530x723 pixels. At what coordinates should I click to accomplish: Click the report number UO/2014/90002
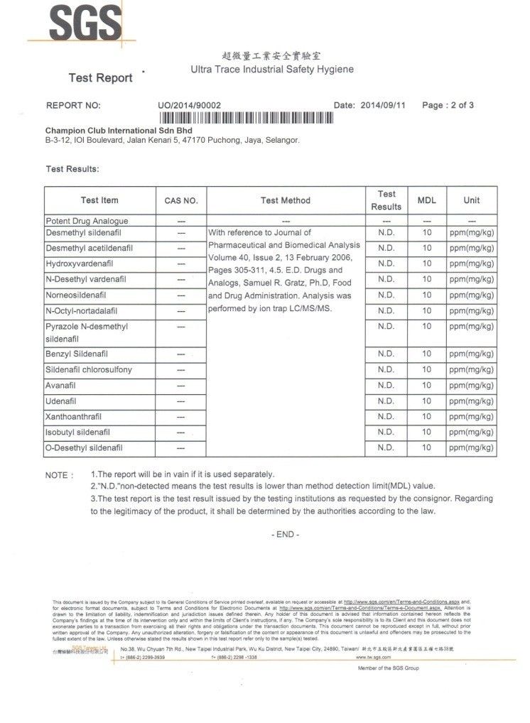click(x=190, y=105)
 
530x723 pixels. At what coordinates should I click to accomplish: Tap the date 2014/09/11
click(x=384, y=105)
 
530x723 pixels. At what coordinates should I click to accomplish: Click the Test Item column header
click(x=99, y=200)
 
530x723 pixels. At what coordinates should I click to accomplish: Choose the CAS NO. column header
click(x=181, y=201)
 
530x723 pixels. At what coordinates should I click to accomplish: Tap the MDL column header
click(x=426, y=200)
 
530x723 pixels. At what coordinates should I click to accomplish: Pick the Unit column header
click(x=471, y=200)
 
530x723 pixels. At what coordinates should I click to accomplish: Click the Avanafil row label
click(x=62, y=386)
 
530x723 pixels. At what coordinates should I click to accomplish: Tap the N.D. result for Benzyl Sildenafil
click(x=386, y=354)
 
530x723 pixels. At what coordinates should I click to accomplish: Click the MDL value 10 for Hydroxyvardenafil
click(x=426, y=263)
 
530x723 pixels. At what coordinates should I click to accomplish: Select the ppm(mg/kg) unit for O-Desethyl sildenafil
click(x=471, y=448)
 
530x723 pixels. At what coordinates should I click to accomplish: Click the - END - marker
click(x=286, y=534)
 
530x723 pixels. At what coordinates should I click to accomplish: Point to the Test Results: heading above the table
click(x=72, y=169)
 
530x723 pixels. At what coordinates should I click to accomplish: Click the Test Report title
click(x=100, y=77)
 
